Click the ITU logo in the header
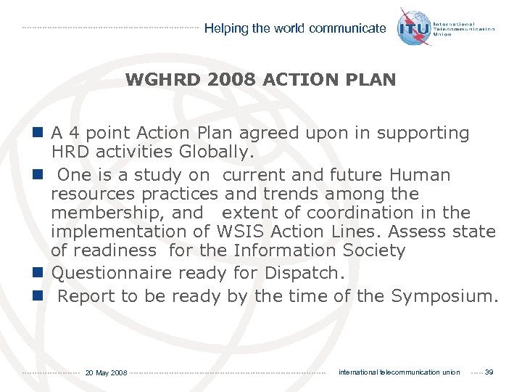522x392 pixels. (415, 28)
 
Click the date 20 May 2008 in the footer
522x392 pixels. (106, 373)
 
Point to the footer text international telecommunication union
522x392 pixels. (399, 372)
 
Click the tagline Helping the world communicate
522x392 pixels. (295, 28)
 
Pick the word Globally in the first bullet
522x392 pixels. (215, 152)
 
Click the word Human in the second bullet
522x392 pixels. (420, 175)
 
